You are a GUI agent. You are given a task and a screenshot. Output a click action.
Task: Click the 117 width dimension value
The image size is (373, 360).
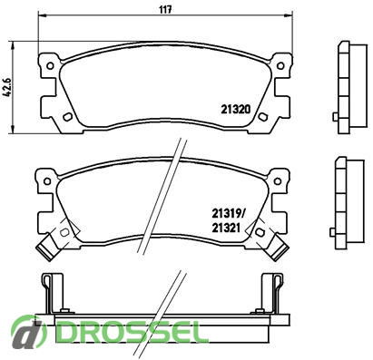tap(166, 9)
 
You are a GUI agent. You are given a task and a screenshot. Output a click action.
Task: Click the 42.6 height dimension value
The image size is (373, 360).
tap(7, 87)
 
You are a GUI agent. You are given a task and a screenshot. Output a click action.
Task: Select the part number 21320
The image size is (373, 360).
tap(236, 109)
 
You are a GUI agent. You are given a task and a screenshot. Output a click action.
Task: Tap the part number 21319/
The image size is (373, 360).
tap(229, 214)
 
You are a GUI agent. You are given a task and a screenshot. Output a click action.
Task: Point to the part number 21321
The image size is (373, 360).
tap(226, 228)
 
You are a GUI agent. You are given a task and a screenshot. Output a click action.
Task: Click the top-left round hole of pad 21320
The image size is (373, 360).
tap(50, 65)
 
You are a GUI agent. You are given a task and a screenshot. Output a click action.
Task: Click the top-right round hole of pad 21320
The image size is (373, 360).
tap(280, 65)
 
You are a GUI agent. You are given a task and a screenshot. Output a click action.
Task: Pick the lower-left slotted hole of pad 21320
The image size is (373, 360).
tap(67, 116)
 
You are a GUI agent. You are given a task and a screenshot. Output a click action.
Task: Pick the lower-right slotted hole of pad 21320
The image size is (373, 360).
tap(262, 116)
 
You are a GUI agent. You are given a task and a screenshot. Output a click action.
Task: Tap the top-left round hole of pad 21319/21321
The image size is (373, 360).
tap(47, 181)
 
